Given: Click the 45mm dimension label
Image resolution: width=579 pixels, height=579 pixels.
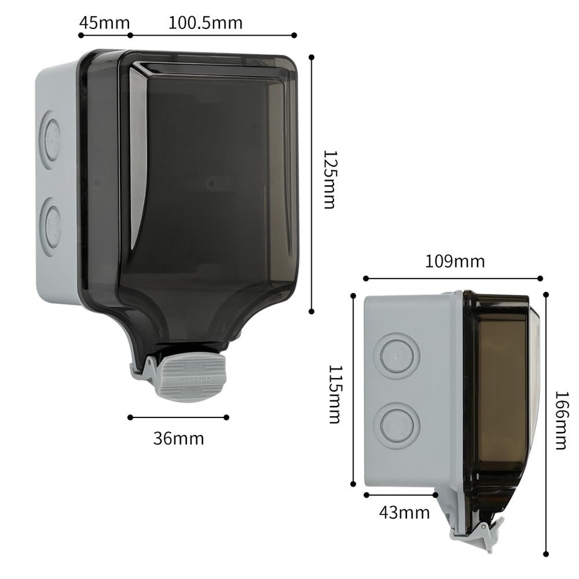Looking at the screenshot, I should pyautogui.click(x=104, y=23).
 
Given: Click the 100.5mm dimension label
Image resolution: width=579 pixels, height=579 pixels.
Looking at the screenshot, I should pyautogui.click(x=205, y=23).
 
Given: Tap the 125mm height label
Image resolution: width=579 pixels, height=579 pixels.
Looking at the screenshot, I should pyautogui.click(x=329, y=179).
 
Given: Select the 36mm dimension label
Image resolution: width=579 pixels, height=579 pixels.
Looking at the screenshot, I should pyautogui.click(x=179, y=438).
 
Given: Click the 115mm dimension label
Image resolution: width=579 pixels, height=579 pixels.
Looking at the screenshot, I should pyautogui.click(x=335, y=394).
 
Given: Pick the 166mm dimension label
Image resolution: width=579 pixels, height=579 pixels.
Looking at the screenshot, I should pyautogui.click(x=560, y=420).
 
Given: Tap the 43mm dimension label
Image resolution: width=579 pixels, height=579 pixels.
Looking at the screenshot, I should pyautogui.click(x=404, y=513).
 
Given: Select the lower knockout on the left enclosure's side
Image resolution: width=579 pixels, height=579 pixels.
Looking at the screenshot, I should pyautogui.click(x=50, y=226).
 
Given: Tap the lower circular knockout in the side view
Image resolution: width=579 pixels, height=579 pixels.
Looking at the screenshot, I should pyautogui.click(x=396, y=424).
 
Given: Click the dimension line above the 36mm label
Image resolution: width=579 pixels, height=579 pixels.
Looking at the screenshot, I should pyautogui.click(x=179, y=417).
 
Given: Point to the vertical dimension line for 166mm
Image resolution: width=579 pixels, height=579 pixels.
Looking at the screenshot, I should pyautogui.click(x=546, y=422).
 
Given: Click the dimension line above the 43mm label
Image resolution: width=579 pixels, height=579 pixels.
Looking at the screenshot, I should pyautogui.click(x=401, y=495).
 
